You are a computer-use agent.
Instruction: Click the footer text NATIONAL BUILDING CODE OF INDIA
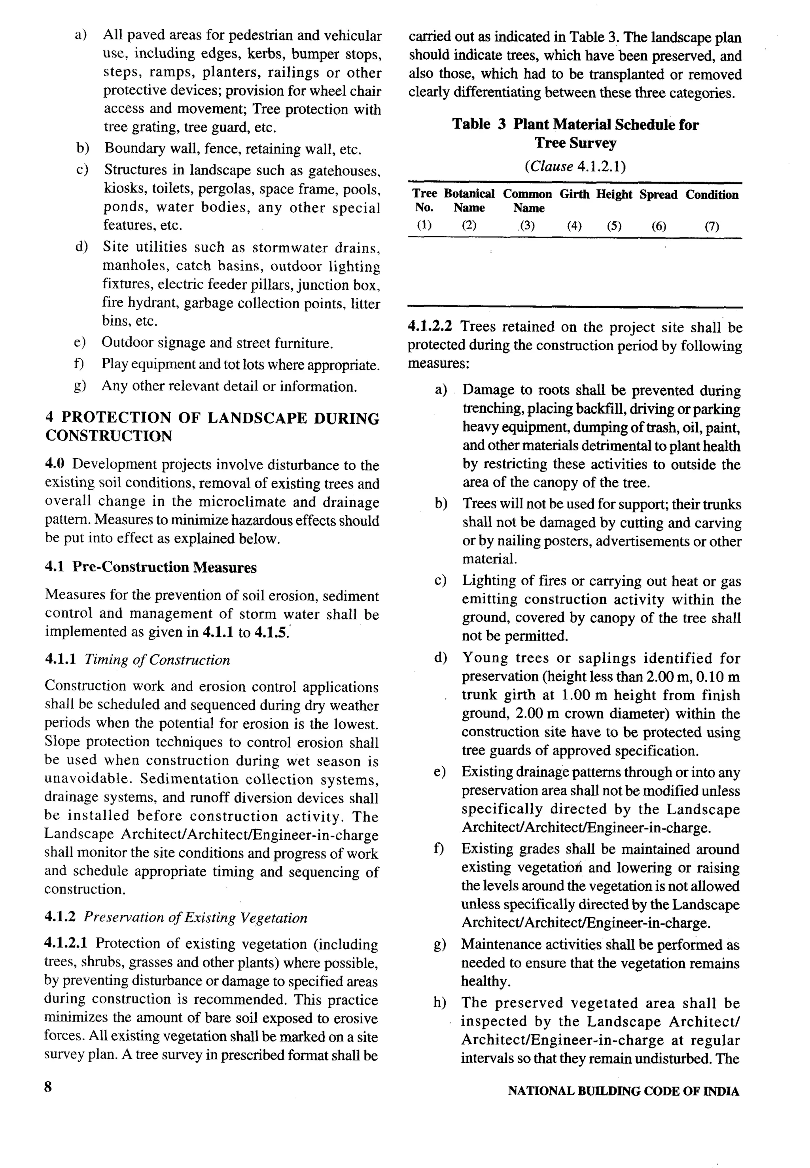623,1091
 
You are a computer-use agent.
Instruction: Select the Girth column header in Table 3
574,194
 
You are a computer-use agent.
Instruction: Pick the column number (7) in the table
712,226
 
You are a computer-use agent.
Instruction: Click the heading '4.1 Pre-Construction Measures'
151,567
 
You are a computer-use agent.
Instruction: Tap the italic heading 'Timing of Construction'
157,660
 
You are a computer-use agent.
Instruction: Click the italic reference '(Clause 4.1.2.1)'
575,167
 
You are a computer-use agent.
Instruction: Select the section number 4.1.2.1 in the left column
66,943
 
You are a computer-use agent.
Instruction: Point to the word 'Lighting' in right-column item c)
487,581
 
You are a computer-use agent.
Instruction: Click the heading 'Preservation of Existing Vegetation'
195,918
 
